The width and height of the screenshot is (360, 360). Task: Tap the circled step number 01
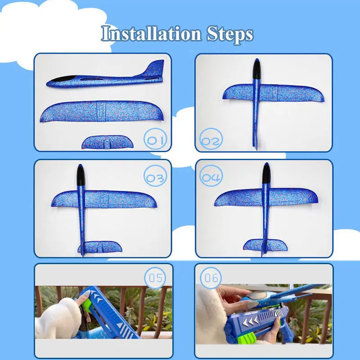155,140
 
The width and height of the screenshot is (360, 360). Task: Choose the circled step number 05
155,278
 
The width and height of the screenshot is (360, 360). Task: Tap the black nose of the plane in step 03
81,173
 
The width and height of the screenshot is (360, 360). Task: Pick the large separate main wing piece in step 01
101,111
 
